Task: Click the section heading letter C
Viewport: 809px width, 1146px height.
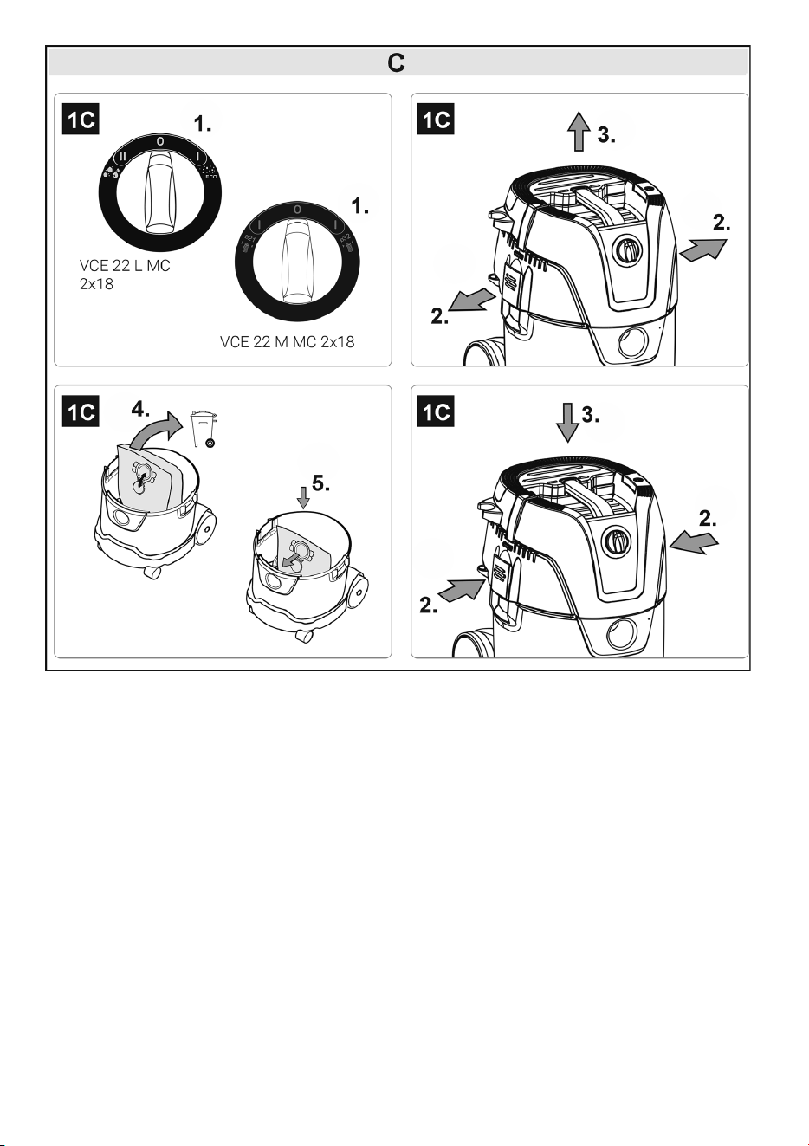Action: tap(397, 63)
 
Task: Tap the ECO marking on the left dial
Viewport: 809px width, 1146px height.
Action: tap(211, 177)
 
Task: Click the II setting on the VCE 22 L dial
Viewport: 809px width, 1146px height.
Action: tap(122, 156)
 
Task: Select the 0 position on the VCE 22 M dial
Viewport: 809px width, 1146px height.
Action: tap(297, 210)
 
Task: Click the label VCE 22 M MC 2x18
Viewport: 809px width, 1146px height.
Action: tap(287, 342)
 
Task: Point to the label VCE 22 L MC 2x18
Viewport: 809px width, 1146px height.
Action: tap(125, 275)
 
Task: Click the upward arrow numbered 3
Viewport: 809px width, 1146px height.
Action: tap(579, 132)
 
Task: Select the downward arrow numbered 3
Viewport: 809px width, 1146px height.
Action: tap(567, 422)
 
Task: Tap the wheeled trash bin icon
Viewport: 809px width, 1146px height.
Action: tap(204, 428)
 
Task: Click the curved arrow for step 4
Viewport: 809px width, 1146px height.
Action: tap(153, 431)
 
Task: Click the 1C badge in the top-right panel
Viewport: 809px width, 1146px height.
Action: tap(436, 120)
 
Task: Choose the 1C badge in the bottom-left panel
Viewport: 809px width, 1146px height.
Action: tap(81, 411)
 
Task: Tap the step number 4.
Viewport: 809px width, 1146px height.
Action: tap(140, 409)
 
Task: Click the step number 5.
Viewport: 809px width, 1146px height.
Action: tap(320, 483)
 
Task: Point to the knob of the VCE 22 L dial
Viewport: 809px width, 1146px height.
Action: tap(160, 192)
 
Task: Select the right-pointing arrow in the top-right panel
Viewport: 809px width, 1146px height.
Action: tap(703, 249)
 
